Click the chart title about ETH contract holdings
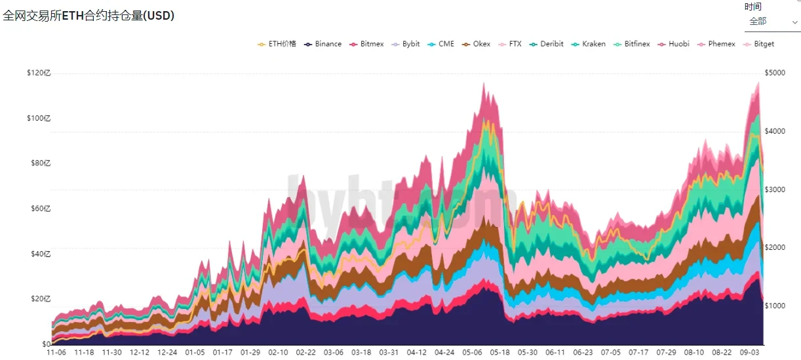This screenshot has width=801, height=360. (89, 16)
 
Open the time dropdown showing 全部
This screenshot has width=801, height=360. (772, 21)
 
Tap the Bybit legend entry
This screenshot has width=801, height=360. (406, 44)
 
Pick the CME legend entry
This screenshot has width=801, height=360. (441, 44)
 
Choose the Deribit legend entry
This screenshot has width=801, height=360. (547, 44)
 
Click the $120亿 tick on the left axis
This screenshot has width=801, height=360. (38, 73)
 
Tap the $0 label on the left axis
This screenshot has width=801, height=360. (47, 344)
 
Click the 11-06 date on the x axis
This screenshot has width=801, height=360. (56, 353)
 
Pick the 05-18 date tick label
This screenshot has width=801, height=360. (499, 353)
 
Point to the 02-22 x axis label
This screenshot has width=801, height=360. (305, 353)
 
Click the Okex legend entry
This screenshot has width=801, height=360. (477, 44)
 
